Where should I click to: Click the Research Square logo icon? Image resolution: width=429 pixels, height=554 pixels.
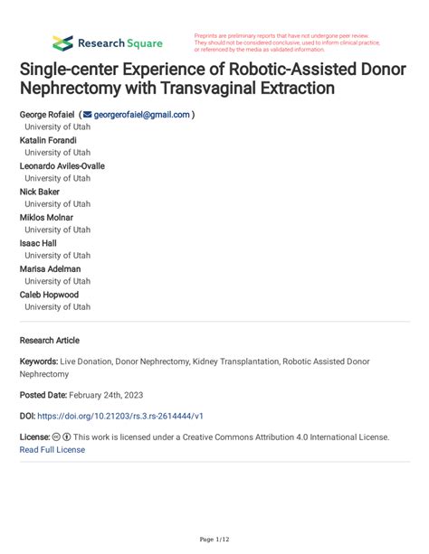[62, 42]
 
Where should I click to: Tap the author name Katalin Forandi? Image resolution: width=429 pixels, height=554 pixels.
[48, 140]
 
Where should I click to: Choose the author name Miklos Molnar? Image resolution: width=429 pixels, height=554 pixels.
[46, 217]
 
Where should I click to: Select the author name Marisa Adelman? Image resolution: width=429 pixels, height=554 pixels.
[52, 268]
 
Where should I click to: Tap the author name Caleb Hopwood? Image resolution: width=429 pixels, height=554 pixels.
[50, 295]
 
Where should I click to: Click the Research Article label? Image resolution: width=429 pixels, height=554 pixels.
[49, 341]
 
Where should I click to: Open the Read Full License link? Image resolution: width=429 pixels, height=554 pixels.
[52, 449]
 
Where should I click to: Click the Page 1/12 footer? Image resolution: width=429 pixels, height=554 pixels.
[214, 540]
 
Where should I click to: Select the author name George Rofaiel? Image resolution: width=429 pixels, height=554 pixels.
[47, 115]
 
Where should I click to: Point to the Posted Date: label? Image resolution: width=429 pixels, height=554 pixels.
[44, 395]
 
